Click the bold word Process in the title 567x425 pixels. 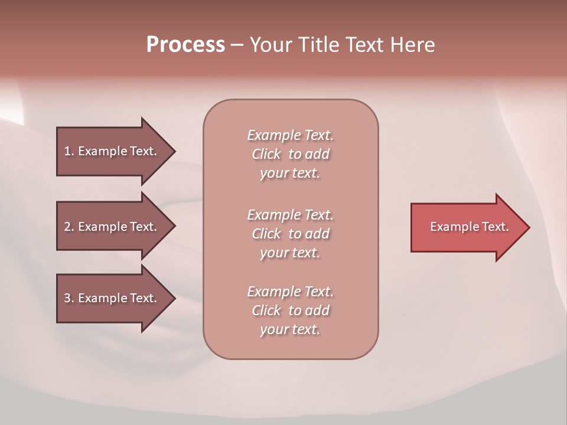(185, 45)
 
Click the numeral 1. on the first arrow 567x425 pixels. (69, 151)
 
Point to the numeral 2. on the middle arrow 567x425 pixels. (69, 227)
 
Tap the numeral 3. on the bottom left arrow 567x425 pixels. (69, 298)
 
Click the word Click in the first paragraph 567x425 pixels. (266, 155)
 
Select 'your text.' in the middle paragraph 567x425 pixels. (290, 253)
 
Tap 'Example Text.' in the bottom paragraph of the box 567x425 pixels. (290, 292)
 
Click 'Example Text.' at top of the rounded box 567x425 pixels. (290, 135)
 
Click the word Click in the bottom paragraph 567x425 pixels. (266, 310)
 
